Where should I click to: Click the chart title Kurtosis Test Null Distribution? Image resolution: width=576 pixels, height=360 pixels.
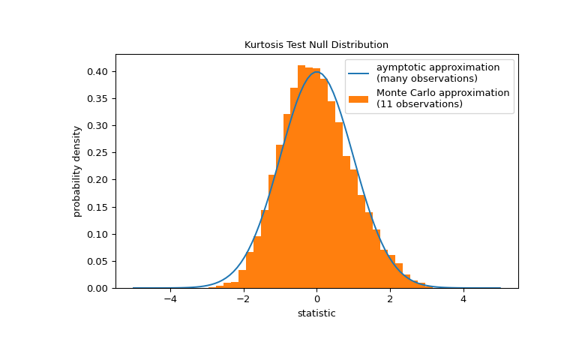316,45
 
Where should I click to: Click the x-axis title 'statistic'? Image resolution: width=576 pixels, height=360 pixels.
316,313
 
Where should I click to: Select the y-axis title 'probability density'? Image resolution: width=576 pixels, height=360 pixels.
77,171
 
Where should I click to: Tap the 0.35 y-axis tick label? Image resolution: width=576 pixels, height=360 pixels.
103,99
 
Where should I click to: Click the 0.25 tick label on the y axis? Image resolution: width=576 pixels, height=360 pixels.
103,153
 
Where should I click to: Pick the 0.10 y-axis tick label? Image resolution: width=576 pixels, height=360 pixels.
103,234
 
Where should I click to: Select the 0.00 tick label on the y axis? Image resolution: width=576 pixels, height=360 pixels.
103,288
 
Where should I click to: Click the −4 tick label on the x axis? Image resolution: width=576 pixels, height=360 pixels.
170,298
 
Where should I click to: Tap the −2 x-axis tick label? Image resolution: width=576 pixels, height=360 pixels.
243,298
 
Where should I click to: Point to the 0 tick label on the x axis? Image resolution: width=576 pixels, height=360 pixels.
316,298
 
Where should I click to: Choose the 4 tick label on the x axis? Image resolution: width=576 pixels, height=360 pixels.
463,298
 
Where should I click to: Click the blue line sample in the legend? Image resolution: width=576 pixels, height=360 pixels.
358,73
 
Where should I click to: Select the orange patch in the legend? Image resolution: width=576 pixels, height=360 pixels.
358,98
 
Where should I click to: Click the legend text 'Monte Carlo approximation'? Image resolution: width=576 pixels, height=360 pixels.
442,93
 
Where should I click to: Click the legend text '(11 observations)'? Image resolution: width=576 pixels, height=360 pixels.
419,104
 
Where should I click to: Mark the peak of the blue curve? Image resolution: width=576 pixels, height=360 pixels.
316,72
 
